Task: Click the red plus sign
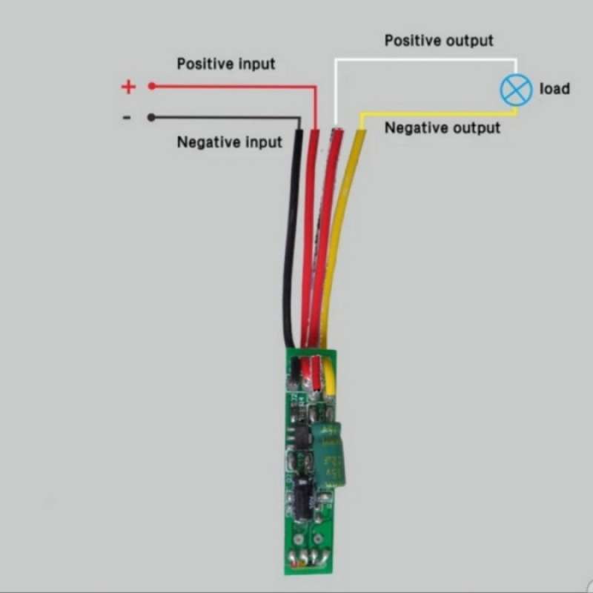[x=128, y=87]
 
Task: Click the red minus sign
[x=127, y=117]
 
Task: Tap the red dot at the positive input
[x=151, y=86]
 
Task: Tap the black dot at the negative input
[x=151, y=117]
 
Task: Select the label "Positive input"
[x=225, y=64]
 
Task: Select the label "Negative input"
[x=229, y=142]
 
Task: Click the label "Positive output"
[x=438, y=40]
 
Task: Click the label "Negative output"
[x=442, y=127]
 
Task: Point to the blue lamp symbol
[x=516, y=90]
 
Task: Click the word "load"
[x=554, y=89]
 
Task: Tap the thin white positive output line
[x=423, y=59]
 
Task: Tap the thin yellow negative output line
[x=437, y=113]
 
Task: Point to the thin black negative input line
[x=222, y=117]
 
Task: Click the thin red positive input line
[x=230, y=86]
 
